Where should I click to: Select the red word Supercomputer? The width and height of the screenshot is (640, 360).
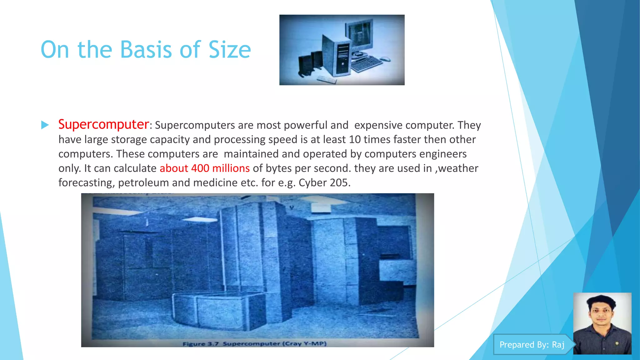[x=103, y=124]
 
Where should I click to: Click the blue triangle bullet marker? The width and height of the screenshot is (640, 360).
[x=45, y=125]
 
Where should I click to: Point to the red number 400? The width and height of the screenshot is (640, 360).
[x=200, y=168]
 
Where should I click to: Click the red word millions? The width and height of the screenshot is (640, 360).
[x=231, y=168]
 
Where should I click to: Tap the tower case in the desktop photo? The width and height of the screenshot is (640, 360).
[x=337, y=56]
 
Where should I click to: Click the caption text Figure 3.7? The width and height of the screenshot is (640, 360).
[x=200, y=344]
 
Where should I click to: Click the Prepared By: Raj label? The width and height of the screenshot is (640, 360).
[x=532, y=345]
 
